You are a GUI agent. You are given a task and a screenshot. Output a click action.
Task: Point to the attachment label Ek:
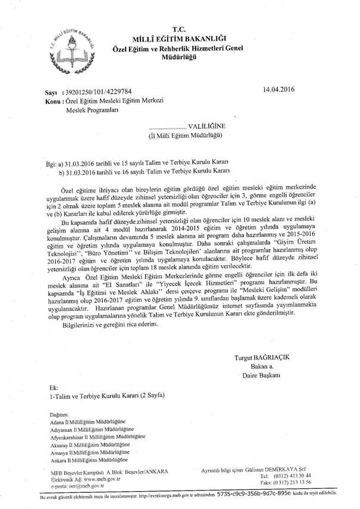(55, 387)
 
